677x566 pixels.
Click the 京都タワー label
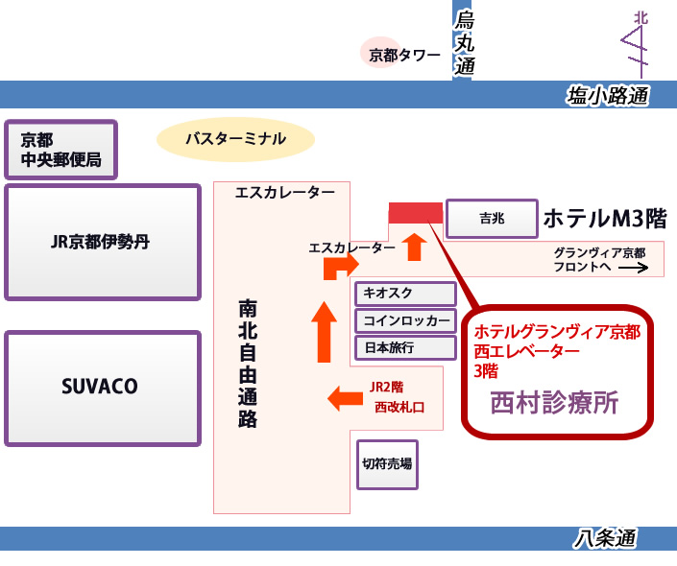tap(404, 56)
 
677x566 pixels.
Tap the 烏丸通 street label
tap(465, 42)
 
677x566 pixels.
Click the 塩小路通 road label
tap(608, 95)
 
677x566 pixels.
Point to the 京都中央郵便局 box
tap(60, 150)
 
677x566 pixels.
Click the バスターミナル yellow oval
tap(235, 139)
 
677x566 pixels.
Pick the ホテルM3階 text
tap(604, 219)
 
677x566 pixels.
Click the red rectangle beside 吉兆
tap(415, 213)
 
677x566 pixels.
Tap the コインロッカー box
tap(405, 320)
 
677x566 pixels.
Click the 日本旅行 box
tap(405, 346)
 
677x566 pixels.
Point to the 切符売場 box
tap(388, 464)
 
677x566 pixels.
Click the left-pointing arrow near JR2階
tap(345, 396)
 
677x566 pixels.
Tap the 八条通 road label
tap(606, 539)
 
